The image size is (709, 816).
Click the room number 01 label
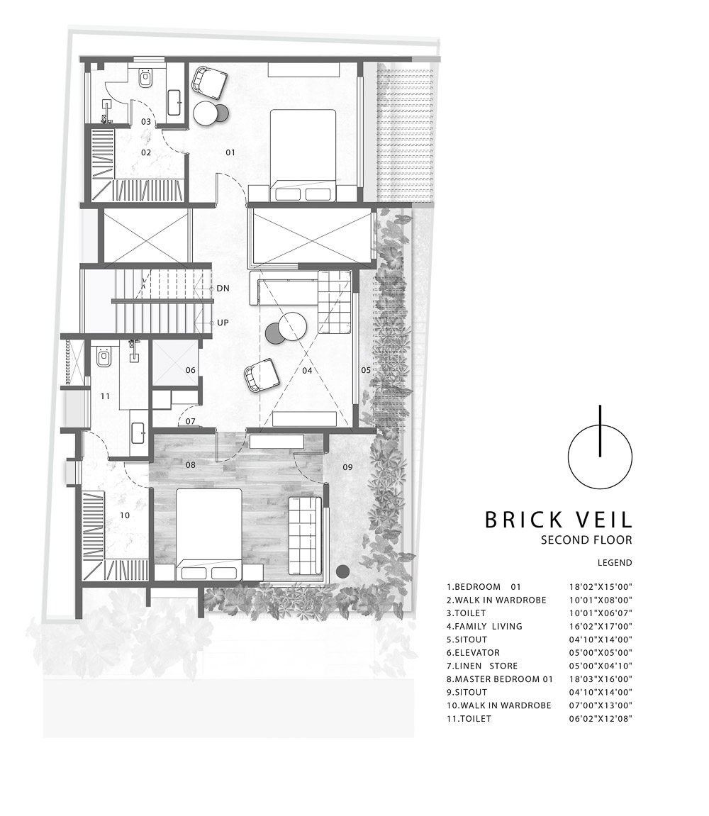pos(230,152)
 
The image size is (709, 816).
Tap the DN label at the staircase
pos(223,289)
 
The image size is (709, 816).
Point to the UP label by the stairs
pos(223,323)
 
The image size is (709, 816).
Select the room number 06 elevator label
pos(191,370)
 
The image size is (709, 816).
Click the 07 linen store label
pos(191,422)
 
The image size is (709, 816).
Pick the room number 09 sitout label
pos(347,467)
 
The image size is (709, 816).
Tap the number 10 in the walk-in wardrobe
pos(124,515)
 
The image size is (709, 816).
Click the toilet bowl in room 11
pos(104,357)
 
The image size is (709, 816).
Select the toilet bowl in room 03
pos(146,79)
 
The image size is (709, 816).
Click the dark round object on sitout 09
pos(342,571)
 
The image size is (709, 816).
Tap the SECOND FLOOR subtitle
pos(586,540)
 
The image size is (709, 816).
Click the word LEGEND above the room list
pos(615,563)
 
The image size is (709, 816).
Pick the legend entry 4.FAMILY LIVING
pos(484,626)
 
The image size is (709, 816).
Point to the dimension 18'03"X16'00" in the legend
pos(601,679)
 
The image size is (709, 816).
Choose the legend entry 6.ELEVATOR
pos(473,653)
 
